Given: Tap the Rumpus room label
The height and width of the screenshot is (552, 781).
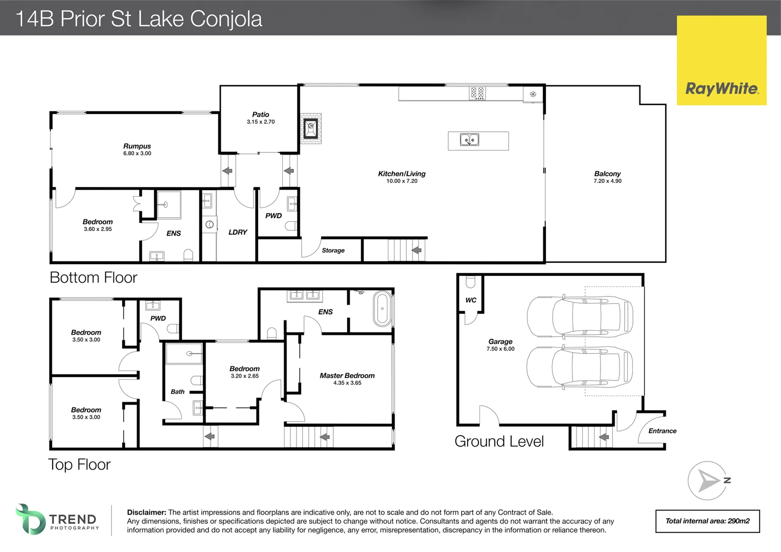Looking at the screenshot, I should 137,146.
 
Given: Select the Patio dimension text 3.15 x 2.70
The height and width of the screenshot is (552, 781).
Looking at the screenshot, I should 261,122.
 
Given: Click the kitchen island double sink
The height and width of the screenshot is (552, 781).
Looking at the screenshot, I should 469,140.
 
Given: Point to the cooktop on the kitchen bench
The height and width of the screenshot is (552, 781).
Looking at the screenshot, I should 477,93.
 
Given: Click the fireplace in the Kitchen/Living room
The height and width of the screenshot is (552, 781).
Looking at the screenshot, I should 310,128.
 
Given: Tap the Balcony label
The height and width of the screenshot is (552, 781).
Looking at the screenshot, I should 607,174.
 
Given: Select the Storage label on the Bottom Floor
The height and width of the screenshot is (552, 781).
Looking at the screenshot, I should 333,250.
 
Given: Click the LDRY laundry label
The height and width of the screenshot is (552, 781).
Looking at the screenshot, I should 238,232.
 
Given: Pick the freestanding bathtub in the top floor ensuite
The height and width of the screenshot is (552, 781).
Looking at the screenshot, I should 382,309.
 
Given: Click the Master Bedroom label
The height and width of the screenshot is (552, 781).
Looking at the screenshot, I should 347,376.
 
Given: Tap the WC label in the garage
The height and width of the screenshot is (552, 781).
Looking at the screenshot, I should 471,300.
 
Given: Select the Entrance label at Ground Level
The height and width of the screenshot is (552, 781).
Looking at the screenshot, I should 662,431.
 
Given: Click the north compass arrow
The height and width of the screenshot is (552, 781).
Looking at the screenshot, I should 707,481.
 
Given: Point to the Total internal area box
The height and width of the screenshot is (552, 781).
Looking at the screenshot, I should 707,521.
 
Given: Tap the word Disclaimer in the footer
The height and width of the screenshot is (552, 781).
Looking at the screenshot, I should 146,512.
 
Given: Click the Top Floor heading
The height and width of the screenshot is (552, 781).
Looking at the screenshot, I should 79,465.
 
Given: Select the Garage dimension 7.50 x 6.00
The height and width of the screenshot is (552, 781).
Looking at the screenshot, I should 500,349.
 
